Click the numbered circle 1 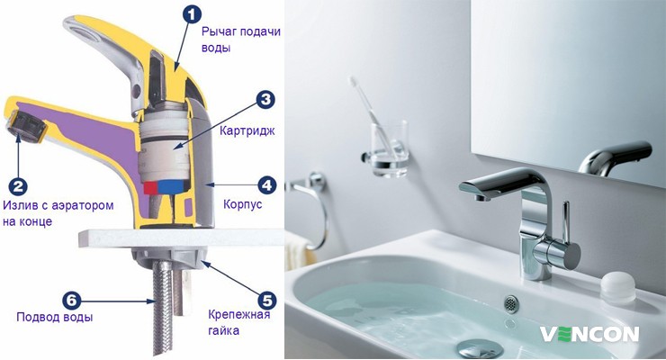(x=192, y=15)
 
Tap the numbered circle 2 (x=18, y=186)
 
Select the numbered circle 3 (x=265, y=99)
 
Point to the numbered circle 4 (x=267, y=185)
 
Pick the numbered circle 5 (x=267, y=301)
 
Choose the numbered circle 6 (x=71, y=301)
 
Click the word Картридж (x=247, y=130)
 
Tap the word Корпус (x=242, y=204)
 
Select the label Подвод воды (x=54, y=317)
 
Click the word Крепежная (x=238, y=315)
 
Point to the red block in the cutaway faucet (x=150, y=187)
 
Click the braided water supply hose (x=162, y=308)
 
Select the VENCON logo (x=589, y=334)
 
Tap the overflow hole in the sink (x=511, y=304)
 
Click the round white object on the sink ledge (x=618, y=286)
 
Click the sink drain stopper (x=481, y=349)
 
